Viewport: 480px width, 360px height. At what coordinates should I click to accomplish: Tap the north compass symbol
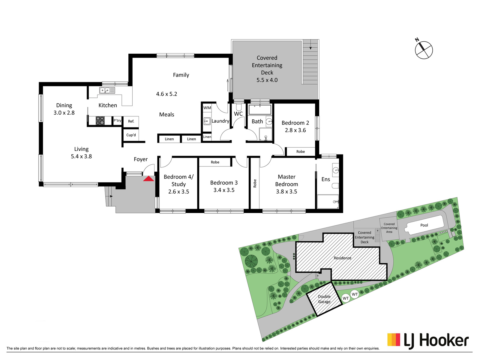[x=424, y=49]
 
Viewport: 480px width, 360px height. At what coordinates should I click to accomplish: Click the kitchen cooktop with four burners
[x=100, y=121]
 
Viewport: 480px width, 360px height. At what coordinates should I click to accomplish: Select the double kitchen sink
[x=107, y=90]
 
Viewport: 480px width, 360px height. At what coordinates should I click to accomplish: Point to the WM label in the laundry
[x=207, y=108]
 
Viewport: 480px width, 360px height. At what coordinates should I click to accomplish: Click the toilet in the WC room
[x=238, y=107]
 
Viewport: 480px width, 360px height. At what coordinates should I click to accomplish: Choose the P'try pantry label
[x=117, y=120]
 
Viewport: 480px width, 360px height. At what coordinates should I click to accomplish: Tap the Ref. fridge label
[x=131, y=121]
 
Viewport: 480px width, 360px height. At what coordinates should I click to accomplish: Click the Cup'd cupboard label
[x=131, y=135]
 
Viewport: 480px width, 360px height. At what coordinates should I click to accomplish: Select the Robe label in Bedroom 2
[x=301, y=152]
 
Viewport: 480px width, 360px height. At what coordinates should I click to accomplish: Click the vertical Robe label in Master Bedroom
[x=255, y=183]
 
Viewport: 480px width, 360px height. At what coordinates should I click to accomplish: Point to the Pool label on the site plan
[x=424, y=225]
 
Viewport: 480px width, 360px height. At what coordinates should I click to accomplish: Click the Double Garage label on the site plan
[x=324, y=299]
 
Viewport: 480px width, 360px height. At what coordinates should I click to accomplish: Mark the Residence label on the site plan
[x=343, y=258]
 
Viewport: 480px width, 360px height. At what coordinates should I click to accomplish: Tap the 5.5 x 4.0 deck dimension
[x=267, y=80]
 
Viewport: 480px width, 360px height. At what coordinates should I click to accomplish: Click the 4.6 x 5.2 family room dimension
[x=166, y=94]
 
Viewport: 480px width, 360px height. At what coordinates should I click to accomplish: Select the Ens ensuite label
[x=325, y=179]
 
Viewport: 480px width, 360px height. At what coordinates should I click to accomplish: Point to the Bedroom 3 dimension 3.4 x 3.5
[x=224, y=190]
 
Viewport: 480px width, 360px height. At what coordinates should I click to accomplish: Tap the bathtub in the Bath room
[x=260, y=109]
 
